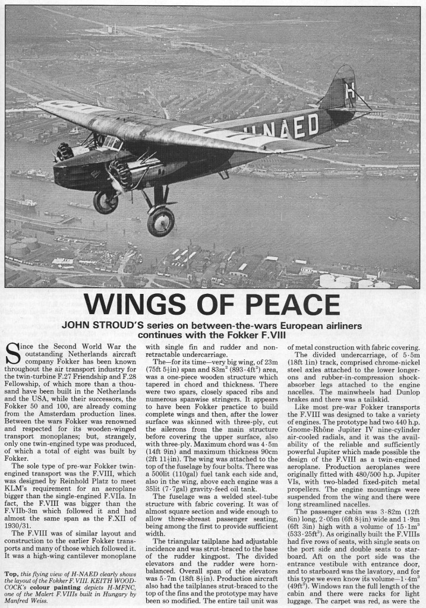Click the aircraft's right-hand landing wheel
tap(160, 221)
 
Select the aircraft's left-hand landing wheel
tap(106, 201)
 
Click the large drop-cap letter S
tap(14, 354)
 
